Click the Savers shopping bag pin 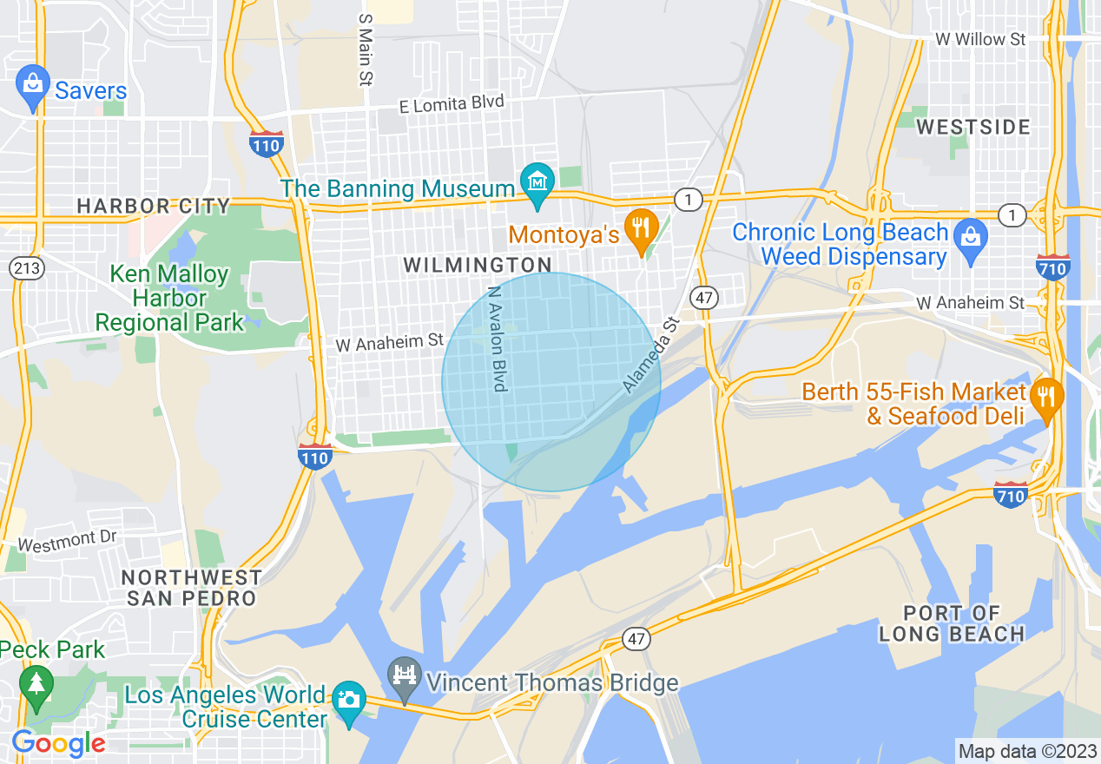click(32, 85)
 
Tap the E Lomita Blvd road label click(452, 104)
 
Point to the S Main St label click(366, 49)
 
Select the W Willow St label click(980, 39)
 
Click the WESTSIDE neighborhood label click(973, 127)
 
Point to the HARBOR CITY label click(154, 206)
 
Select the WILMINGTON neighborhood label click(478, 265)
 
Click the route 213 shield click(28, 268)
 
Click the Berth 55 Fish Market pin click(1048, 398)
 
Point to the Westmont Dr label click(67, 542)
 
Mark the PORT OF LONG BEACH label click(951, 623)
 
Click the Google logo click(58, 744)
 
